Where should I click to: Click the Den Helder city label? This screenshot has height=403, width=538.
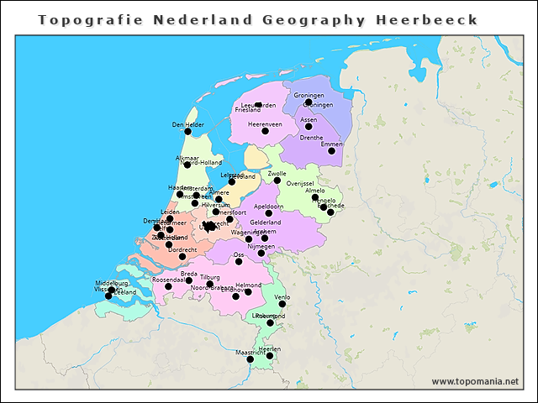(x=188, y=124)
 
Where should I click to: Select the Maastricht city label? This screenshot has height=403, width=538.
(x=250, y=353)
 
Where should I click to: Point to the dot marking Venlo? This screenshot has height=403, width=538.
(x=282, y=305)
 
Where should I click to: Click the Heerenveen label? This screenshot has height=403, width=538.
(x=265, y=123)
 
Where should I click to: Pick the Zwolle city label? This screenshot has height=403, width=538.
(x=277, y=173)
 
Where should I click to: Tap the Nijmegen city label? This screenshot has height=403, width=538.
(x=261, y=246)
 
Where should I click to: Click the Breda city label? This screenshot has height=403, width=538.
(x=188, y=274)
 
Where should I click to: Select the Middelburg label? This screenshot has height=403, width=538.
(x=111, y=283)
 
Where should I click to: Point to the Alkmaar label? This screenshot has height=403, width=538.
(x=187, y=158)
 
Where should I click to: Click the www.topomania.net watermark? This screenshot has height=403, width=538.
(x=475, y=381)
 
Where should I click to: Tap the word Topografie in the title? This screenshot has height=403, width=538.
(x=83, y=19)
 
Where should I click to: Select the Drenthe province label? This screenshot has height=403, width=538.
(x=311, y=137)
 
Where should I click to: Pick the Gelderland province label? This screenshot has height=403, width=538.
(x=266, y=222)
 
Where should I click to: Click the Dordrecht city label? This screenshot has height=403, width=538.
(x=182, y=249)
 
